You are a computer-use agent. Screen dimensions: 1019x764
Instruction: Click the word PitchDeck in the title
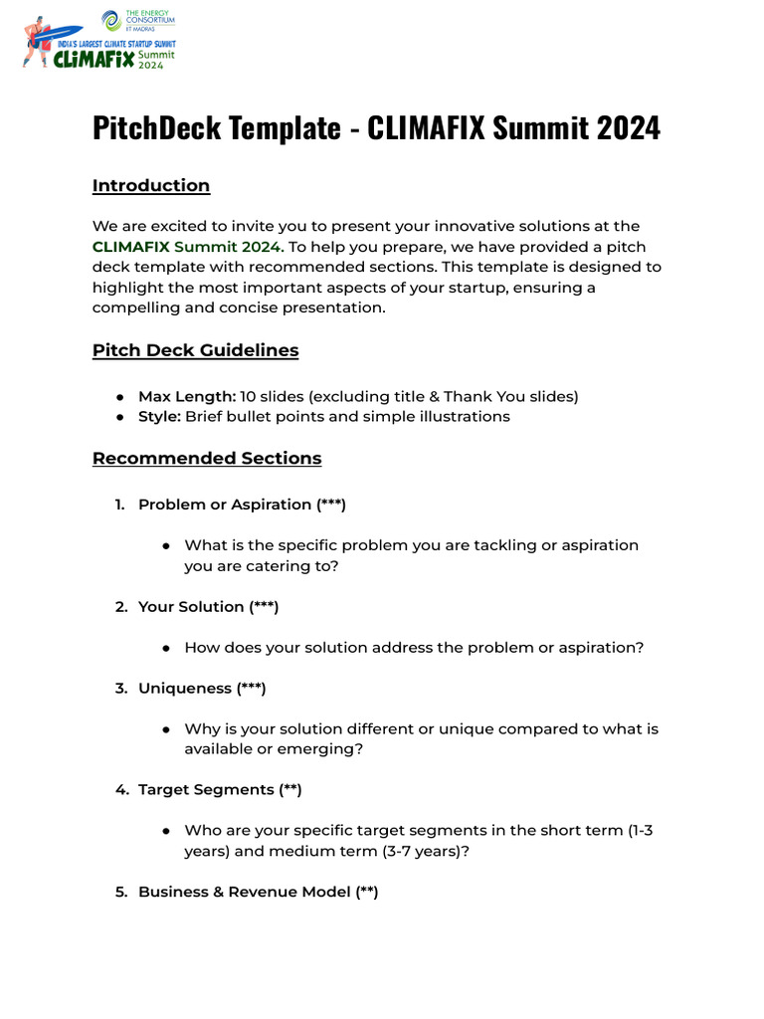point(153,127)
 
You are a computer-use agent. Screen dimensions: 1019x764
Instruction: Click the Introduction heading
point(151,186)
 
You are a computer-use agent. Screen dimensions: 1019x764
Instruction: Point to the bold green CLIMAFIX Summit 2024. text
point(188,247)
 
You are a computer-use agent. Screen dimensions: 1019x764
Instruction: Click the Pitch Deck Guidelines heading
point(195,350)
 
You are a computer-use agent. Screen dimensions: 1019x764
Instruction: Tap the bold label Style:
point(159,417)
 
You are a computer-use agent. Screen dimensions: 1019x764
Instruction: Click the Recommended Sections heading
point(207,459)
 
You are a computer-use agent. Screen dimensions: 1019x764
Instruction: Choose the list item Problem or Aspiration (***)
point(242,505)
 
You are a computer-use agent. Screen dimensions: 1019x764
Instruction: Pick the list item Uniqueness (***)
point(202,689)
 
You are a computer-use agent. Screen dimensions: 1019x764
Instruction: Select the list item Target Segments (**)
point(220,790)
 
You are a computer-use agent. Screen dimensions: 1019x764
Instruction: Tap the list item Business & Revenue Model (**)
point(258,893)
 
